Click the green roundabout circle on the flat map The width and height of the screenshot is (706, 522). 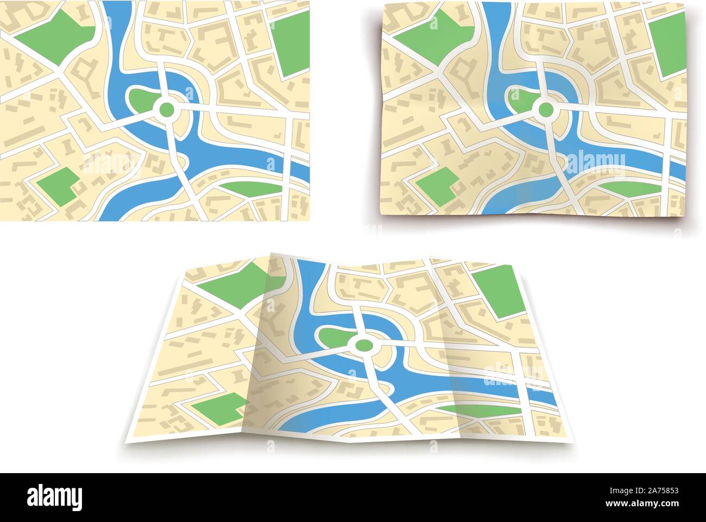[167, 110]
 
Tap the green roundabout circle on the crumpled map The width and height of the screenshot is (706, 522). [545, 110]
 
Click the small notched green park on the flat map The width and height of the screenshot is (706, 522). [57, 185]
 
